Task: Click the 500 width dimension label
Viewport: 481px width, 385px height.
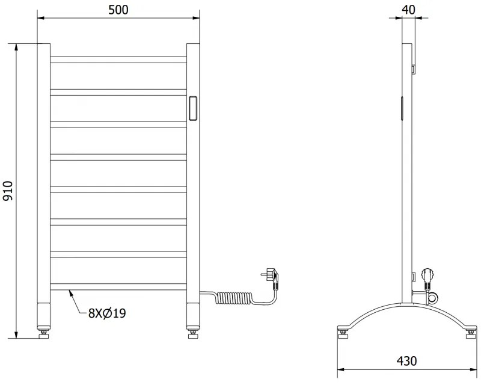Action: (118, 9)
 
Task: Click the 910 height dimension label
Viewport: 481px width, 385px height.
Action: (8, 190)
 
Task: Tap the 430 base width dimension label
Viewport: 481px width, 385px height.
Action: (406, 361)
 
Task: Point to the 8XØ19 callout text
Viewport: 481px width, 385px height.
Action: (109, 313)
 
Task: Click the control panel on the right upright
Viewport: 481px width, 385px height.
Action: (193, 109)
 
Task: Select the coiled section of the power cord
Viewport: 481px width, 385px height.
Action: (235, 297)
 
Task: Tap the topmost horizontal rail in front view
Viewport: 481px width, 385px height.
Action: (118, 60)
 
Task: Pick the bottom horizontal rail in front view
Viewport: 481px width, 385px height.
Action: (118, 286)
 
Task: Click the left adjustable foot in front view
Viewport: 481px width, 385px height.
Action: (43, 330)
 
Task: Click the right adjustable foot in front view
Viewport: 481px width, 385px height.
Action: (192, 330)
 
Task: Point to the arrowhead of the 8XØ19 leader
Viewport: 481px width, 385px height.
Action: (70, 291)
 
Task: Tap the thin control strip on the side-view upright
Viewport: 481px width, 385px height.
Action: (402, 108)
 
